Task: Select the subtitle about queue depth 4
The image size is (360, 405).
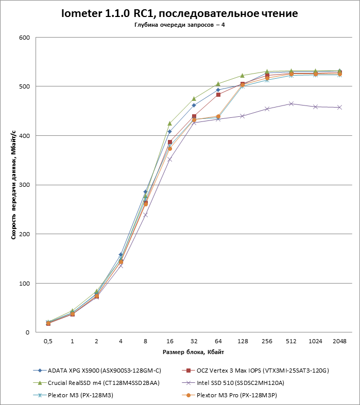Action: [x=180, y=26]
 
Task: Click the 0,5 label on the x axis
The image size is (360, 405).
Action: [x=48, y=341]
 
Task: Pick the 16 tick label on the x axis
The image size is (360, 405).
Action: [x=169, y=341]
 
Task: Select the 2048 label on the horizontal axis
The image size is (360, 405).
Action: [x=339, y=341]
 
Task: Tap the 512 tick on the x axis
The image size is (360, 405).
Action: [x=291, y=341]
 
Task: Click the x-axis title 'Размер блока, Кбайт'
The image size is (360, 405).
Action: [x=194, y=352]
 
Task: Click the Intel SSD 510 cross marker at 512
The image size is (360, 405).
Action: [x=291, y=104]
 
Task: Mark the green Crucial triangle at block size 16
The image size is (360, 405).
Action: [x=169, y=124]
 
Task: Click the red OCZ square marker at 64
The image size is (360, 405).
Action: [x=218, y=95]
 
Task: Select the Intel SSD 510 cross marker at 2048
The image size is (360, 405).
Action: [x=339, y=108]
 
